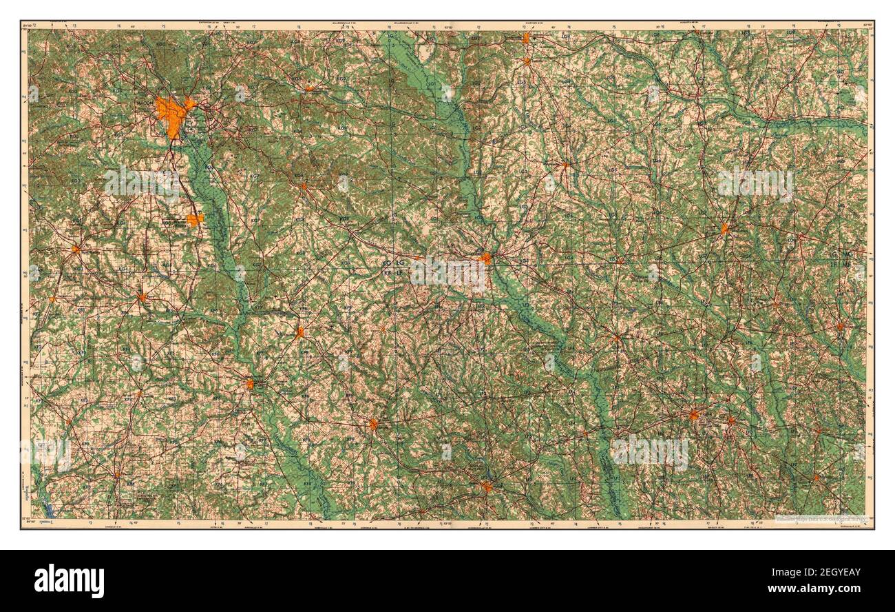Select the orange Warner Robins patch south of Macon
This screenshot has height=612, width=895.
click(x=195, y=220)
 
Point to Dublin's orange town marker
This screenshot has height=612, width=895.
click(x=487, y=258)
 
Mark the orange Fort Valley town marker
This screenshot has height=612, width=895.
click(x=75, y=249)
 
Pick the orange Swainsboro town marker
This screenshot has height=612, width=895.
click(x=724, y=227)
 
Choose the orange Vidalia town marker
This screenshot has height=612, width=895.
click(x=694, y=416)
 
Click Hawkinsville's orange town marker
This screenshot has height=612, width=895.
click(x=251, y=383)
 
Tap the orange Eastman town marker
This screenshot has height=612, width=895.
click(x=373, y=424)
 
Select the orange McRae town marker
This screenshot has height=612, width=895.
click(x=486, y=487)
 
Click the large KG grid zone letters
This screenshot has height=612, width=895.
click(x=386, y=263)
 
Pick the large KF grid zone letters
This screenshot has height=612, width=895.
click(x=386, y=274)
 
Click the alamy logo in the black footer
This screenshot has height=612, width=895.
click(x=69, y=580)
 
